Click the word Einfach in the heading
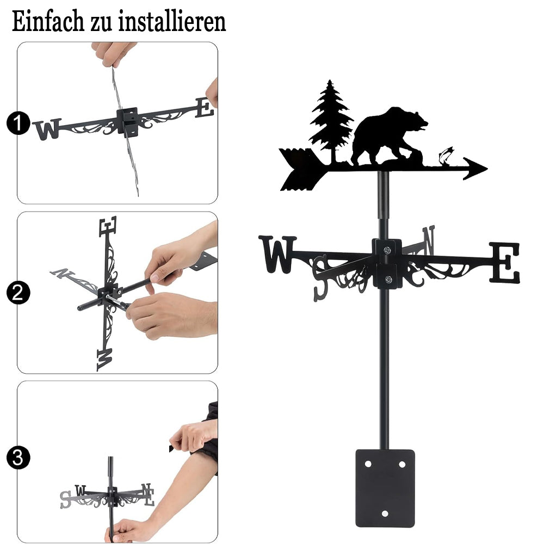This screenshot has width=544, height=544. (x=48, y=21)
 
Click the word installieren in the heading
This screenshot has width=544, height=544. (x=172, y=21)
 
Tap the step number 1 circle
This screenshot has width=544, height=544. (x=18, y=123)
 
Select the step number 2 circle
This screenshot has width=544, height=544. (x=18, y=293)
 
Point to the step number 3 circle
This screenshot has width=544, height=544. (x=18, y=458)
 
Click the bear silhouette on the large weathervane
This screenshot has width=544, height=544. (x=388, y=137)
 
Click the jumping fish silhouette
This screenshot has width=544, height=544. (x=446, y=156)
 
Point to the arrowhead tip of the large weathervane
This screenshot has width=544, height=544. (x=487, y=168)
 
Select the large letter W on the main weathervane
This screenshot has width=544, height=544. (x=277, y=254)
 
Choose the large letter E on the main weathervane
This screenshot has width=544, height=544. (x=505, y=262)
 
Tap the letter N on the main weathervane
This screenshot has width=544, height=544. (x=428, y=240)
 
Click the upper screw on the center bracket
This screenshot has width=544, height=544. (x=387, y=250)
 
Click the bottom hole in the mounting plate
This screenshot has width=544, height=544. (x=385, y=514)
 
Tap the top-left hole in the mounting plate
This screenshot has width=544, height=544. (x=368, y=464)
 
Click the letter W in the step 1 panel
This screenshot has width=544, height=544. (x=47, y=129)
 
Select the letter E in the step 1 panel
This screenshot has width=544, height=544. (x=204, y=108)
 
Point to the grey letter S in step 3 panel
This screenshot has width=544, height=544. (x=65, y=499)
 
